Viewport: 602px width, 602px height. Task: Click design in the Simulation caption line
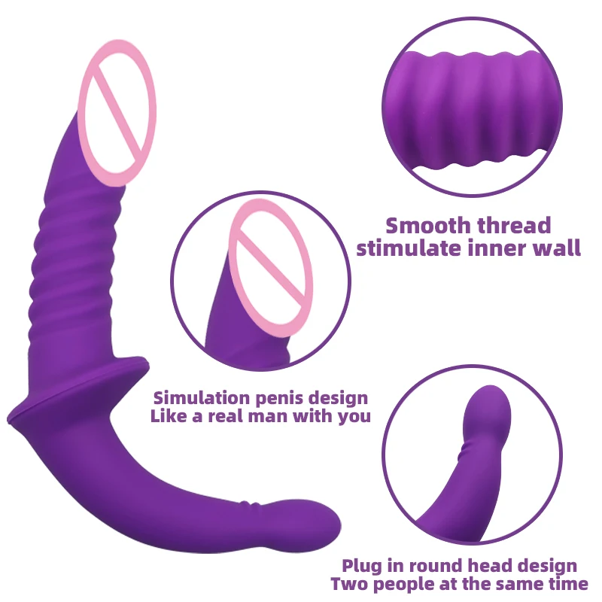point(337,397)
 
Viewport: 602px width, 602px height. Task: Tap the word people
point(400,585)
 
